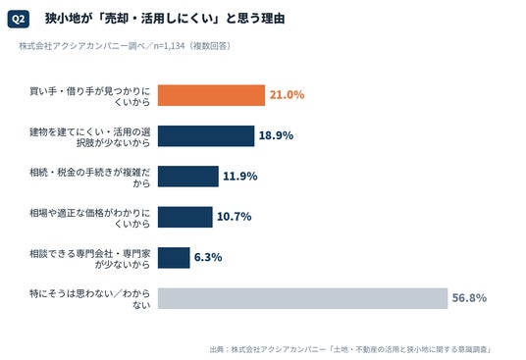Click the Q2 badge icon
coord(18,19)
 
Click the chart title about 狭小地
coord(165,19)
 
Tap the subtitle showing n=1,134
coord(125,46)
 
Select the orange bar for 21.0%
coord(211,95)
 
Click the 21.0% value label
coord(287,95)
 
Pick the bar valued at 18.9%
coord(206,135)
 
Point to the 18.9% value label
coord(276,135)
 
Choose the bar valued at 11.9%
coord(188,177)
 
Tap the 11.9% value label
coord(240,176)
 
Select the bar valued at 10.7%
coord(185,217)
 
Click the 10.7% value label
coord(235,217)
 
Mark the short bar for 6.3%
coord(174,257)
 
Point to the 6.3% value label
coord(208,257)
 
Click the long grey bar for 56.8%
coord(302,298)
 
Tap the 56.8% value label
coord(469,297)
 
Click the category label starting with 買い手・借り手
coord(90,96)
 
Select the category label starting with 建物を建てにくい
coord(90,136)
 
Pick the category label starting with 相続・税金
coord(90,178)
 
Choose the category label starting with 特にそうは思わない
coord(90,299)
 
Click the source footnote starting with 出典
coord(350,349)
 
